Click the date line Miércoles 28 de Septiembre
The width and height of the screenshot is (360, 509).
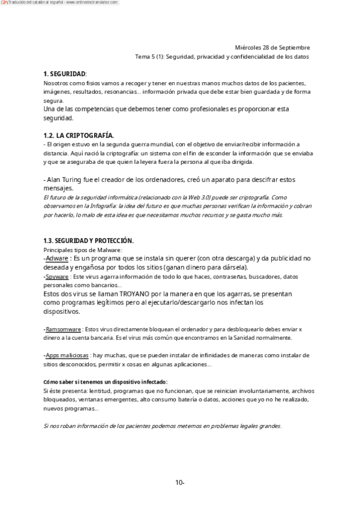click(272, 47)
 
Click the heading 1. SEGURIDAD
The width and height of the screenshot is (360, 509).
click(65, 73)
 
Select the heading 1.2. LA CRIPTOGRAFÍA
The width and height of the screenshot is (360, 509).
click(78, 136)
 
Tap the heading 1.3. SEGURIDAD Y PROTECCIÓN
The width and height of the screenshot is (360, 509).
click(89, 241)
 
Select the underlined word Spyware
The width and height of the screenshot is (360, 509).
click(57, 277)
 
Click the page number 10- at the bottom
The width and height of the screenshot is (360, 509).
click(180, 482)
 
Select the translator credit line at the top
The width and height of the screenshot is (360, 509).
click(60, 3)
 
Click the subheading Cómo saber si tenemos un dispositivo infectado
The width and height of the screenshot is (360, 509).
click(106, 382)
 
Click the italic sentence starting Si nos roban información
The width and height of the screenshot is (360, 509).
click(162, 426)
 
